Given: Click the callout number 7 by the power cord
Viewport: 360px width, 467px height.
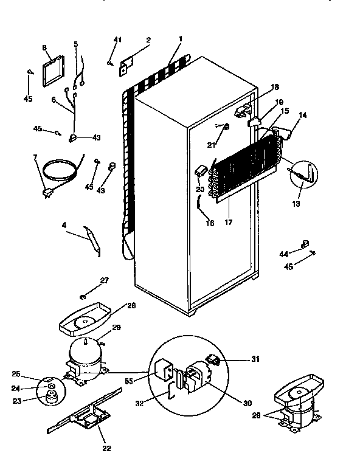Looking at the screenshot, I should coord(35,157).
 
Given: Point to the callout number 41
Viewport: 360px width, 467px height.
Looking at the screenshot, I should coord(117,40).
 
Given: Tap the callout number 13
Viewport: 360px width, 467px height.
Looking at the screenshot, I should coord(296,205).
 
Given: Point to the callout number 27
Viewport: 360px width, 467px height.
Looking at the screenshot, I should coord(104,280).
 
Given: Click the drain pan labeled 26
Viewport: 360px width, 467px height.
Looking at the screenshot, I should coord(83,318).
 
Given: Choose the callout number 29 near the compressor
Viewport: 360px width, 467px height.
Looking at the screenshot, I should coord(117,328).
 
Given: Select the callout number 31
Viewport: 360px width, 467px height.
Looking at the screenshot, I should coord(255,359).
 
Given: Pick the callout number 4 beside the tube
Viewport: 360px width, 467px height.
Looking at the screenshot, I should coord(64,225).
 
